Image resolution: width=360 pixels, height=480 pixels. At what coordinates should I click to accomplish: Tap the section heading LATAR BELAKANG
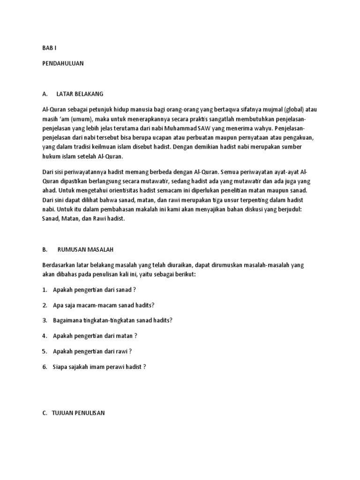[x=86, y=94]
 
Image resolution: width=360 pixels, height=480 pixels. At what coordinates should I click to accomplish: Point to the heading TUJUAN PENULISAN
[x=79, y=413]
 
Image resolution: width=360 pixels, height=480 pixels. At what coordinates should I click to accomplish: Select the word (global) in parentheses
[x=292, y=109]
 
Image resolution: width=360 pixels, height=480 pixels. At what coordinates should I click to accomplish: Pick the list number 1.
[x=44, y=290]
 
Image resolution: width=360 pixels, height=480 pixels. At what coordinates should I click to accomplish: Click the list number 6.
[x=44, y=367]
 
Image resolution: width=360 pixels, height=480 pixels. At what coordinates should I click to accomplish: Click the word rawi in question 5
[x=120, y=351]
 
